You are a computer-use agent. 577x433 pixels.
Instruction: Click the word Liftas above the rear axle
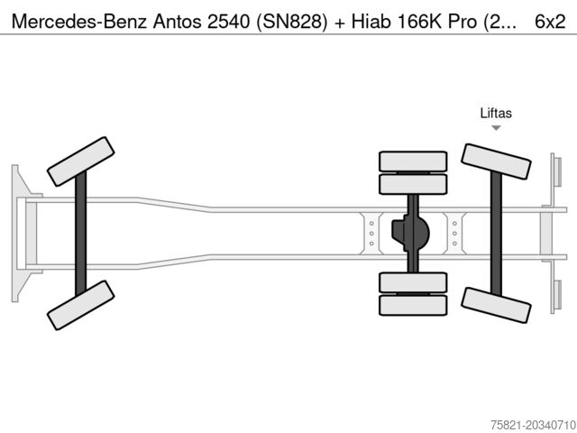tap(496, 113)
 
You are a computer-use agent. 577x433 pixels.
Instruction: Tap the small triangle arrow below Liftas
tap(496, 128)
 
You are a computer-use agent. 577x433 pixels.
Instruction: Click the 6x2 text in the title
tap(550, 22)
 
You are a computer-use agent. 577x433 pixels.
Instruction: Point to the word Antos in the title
tap(177, 22)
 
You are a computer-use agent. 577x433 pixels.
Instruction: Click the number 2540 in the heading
tap(228, 22)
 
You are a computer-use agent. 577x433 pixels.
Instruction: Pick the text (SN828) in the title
tap(291, 22)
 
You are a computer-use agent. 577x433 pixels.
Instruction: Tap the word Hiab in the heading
tap(371, 22)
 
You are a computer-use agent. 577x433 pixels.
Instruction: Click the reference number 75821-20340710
tap(533, 425)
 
